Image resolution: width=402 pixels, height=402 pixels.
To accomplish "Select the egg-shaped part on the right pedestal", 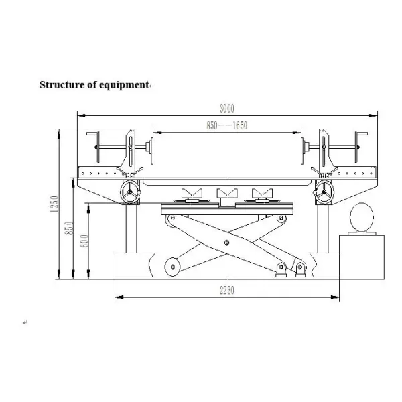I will [360, 219].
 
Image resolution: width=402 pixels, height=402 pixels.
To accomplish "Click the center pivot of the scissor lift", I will [228, 243].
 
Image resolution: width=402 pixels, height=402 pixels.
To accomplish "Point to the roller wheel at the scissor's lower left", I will [174, 267].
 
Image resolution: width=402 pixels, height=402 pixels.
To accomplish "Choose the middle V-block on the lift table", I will [224, 196].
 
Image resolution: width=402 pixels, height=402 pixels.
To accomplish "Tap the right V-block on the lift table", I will [261, 196].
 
